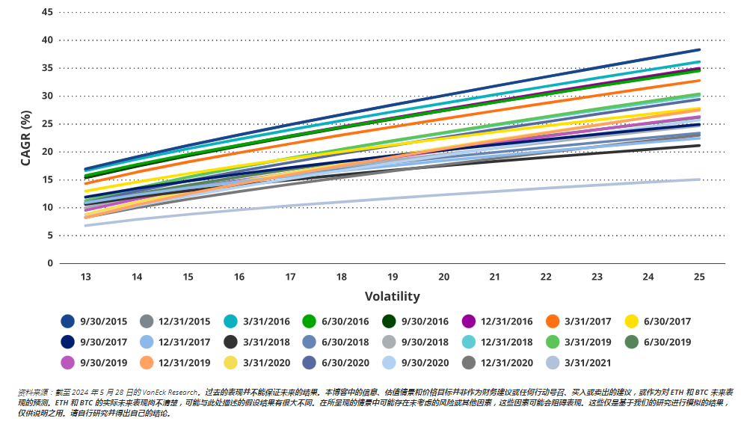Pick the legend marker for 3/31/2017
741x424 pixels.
553,322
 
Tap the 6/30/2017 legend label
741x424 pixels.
665,322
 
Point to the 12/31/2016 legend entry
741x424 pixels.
506,322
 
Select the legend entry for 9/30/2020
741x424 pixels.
422,363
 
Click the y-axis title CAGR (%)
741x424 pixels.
26,138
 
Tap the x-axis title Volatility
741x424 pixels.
392,296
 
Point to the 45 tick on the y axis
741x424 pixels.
47,13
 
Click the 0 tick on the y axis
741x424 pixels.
50,263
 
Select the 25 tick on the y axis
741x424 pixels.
47,124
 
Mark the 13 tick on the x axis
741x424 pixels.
86,277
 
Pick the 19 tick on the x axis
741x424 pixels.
393,277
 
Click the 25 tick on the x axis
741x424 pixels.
699,277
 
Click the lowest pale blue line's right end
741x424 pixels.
698,179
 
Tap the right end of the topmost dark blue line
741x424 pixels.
698,50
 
